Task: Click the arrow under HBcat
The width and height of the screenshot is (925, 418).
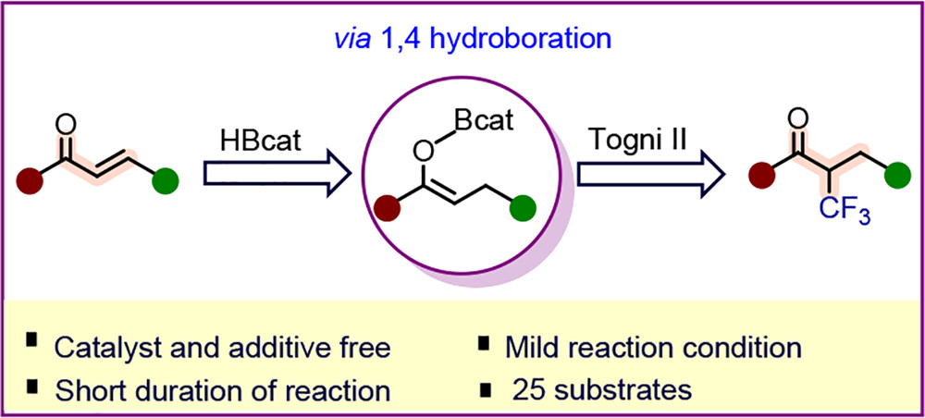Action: coord(276,176)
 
